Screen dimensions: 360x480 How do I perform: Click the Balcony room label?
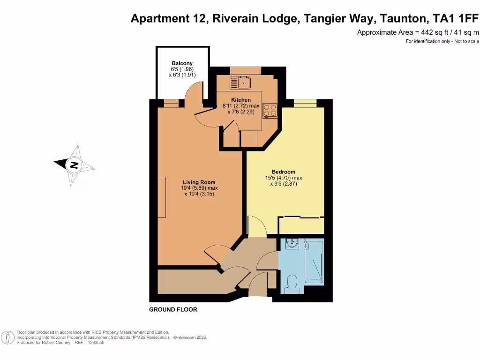click(x=182, y=63)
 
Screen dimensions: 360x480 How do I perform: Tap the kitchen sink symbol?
click(x=241, y=83)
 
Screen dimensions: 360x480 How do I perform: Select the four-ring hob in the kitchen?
click(x=270, y=110)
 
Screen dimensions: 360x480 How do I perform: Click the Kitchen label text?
click(x=240, y=100)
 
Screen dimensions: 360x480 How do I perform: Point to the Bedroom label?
click(x=283, y=172)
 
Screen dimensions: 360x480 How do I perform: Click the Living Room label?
click(x=199, y=182)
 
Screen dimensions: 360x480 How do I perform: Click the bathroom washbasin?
click(x=292, y=243)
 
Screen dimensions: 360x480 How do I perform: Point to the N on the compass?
click(x=74, y=165)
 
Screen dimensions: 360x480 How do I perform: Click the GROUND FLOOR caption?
click(x=173, y=309)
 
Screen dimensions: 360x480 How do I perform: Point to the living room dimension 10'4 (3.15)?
click(x=199, y=194)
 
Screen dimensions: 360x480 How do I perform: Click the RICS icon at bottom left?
click(x=7, y=337)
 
